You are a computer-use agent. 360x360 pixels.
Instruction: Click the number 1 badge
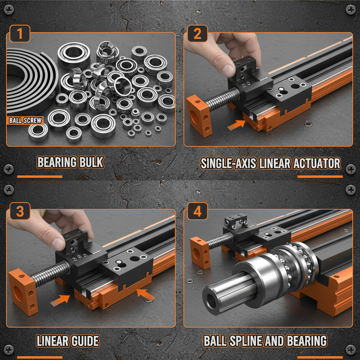[x=20, y=34]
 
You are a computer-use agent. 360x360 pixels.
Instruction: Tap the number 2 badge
[x=197, y=34]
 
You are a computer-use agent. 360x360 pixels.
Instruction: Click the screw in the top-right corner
[x=351, y=9]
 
